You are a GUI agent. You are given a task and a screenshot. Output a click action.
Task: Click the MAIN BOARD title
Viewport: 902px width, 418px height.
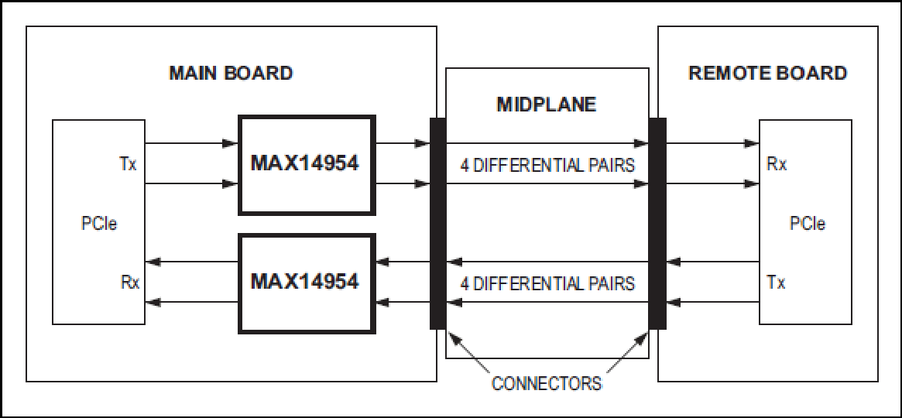pos(231,74)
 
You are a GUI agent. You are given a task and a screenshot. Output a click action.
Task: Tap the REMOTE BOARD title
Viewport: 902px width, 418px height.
pos(767,73)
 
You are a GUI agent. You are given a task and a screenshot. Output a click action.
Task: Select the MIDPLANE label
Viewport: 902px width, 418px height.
pos(547,104)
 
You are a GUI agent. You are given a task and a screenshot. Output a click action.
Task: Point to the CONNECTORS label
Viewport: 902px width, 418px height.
pos(547,383)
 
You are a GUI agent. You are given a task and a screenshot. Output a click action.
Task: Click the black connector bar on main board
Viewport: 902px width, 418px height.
pos(437,223)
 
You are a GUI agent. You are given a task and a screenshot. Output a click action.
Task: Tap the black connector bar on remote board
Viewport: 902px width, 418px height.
pos(657,223)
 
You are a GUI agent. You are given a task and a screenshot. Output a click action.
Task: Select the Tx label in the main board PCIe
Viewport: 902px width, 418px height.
pos(129,165)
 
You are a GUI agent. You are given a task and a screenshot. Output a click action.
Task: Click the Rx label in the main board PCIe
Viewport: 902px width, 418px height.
pos(130,283)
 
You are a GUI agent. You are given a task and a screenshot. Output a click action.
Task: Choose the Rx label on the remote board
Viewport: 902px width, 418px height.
pos(777,164)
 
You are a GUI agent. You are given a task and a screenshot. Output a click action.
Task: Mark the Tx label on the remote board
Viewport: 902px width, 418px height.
pos(776,283)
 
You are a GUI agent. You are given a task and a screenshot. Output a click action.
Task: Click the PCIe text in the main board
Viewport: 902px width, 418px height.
pos(99,224)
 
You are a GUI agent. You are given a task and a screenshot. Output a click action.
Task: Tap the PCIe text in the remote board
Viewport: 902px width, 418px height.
pos(808,223)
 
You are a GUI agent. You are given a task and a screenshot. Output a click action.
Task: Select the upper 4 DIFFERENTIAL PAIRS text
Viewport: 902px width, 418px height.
pos(547,166)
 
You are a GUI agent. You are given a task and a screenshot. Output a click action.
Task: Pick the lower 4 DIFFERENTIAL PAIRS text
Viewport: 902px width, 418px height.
pos(547,283)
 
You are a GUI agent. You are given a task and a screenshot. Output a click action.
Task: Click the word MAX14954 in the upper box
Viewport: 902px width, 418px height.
pos(305,164)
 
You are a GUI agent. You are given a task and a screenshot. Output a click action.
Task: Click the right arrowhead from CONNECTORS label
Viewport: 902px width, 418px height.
pos(642,337)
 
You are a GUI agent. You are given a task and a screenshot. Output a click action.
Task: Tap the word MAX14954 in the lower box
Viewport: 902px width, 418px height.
pos(305,282)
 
